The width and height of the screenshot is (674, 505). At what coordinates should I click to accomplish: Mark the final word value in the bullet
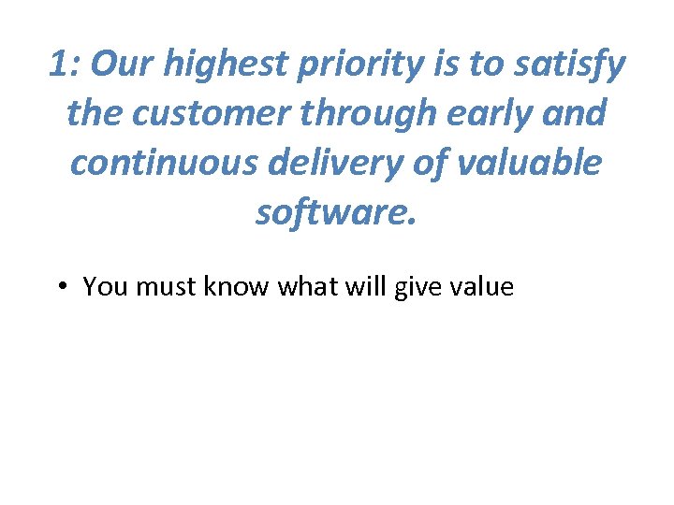coord(479,286)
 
